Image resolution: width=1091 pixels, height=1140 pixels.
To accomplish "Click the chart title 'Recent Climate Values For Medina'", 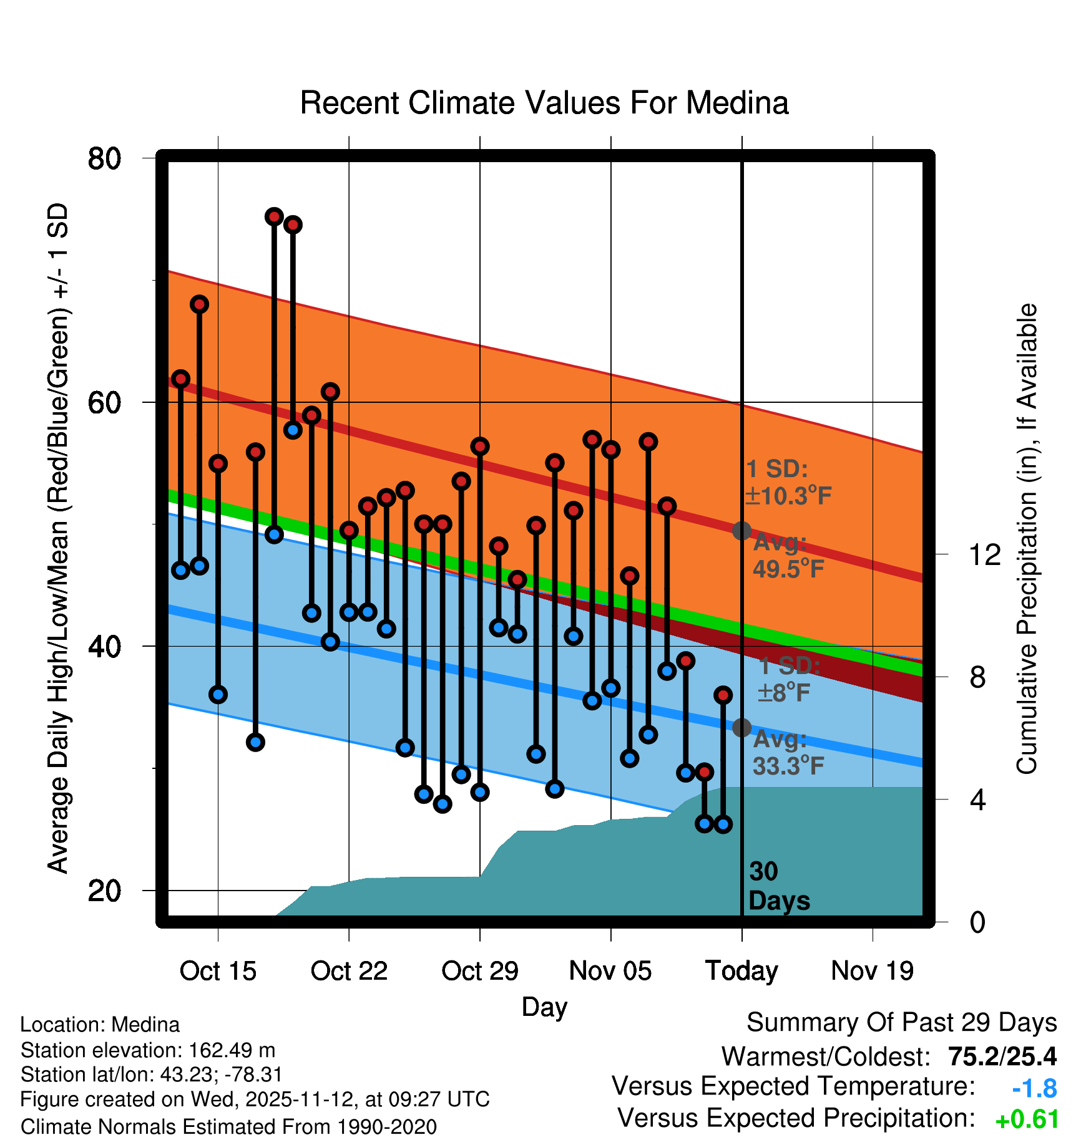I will [x=544, y=103].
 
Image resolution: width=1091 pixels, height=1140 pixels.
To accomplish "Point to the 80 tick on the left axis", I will [x=104, y=158].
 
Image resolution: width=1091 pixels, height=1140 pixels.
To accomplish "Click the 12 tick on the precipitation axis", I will [x=984, y=554].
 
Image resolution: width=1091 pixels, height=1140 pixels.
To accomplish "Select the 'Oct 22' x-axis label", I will [x=349, y=971].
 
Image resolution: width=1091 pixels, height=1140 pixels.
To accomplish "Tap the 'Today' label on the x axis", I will [x=741, y=971].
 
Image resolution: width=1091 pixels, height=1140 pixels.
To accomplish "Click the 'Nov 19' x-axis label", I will [x=872, y=971].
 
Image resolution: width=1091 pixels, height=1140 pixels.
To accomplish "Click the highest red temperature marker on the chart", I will [x=274, y=216].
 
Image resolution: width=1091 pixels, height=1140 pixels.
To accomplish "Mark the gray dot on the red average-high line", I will [x=741, y=531].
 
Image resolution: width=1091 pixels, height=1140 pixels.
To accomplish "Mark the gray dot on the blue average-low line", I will [x=741, y=727].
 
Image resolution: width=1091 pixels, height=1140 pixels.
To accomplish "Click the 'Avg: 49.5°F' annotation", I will [x=788, y=556].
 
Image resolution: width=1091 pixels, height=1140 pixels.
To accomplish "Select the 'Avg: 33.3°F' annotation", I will [x=788, y=753].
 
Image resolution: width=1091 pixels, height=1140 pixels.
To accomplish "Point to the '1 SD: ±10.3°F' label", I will [x=788, y=483].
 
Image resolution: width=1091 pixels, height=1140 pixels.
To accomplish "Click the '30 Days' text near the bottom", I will [x=778, y=886].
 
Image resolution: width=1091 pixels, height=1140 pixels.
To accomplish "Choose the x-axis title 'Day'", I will [x=544, y=1007].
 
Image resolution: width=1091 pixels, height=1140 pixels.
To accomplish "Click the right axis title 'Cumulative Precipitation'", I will [x=1027, y=539].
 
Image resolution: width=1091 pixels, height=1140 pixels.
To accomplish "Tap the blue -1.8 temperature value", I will [x=1034, y=1088].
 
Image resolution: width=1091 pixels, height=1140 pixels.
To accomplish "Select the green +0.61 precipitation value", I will [x=1027, y=1119].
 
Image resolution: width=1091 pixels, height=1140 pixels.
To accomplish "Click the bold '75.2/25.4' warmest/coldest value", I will [x=1002, y=1056].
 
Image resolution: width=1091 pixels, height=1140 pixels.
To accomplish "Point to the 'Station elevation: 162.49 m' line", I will [x=148, y=1050].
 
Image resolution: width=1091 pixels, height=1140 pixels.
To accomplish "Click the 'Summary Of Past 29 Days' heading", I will [x=901, y=1023].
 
